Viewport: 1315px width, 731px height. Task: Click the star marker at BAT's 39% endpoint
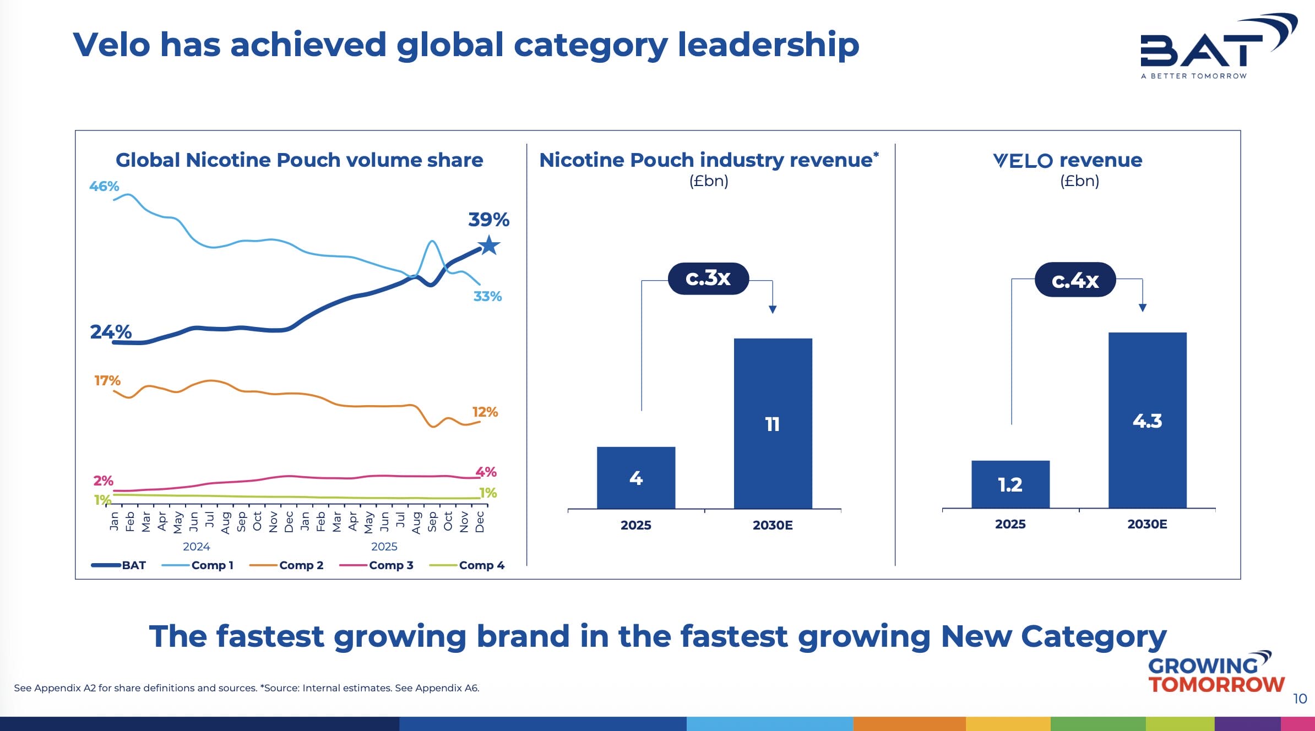488,246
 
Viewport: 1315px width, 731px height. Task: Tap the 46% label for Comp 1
104,187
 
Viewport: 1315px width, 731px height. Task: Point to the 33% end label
487,297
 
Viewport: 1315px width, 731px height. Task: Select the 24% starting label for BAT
111,332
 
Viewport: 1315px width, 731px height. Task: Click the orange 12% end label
485,412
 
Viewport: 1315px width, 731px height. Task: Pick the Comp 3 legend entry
377,565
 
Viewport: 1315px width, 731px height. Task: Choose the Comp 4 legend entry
467,565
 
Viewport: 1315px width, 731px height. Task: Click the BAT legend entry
119,565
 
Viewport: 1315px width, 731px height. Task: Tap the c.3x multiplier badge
708,279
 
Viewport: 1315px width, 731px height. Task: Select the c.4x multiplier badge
1075,280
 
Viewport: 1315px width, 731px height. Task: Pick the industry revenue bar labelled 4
636,477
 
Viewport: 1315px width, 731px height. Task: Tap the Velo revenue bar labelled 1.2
1010,484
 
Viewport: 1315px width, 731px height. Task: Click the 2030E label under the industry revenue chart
773,525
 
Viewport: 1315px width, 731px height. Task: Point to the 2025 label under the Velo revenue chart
1010,524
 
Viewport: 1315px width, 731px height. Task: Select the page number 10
1300,699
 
